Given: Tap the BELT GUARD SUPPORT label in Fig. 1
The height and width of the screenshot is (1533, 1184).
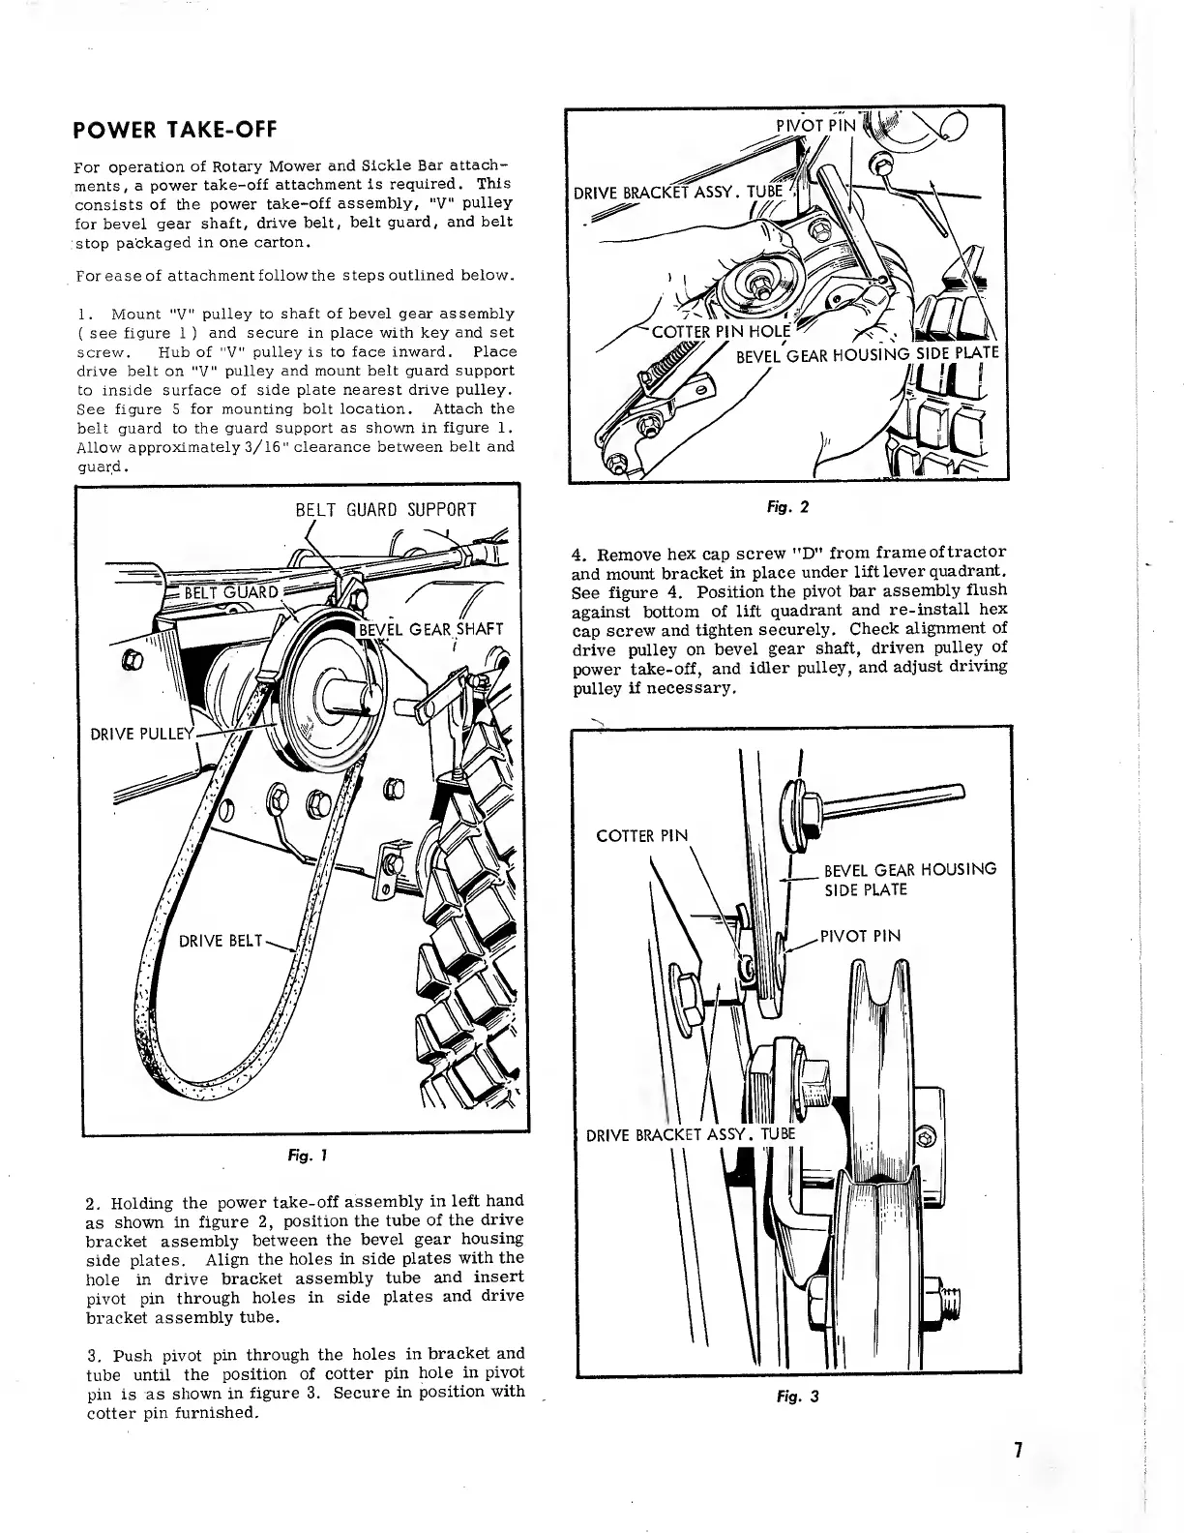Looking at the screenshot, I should (x=385, y=510).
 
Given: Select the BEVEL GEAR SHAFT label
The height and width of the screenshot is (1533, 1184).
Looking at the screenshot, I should (x=430, y=631).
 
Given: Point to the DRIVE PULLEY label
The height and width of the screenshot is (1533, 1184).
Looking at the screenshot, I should (x=142, y=732).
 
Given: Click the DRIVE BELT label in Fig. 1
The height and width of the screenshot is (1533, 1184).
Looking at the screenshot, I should (x=220, y=941).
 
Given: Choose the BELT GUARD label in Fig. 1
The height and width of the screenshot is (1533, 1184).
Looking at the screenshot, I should (x=231, y=592).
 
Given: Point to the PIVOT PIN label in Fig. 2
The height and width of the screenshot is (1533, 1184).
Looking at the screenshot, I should (x=816, y=125).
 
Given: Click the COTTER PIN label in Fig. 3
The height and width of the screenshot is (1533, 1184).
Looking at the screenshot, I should (x=641, y=835).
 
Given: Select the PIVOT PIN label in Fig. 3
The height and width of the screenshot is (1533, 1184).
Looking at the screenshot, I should (x=860, y=936).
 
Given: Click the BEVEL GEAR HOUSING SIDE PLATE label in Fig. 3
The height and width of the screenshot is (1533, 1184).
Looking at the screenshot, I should (x=909, y=879).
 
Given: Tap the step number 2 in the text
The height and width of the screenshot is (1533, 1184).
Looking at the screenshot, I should (x=90, y=1204).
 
